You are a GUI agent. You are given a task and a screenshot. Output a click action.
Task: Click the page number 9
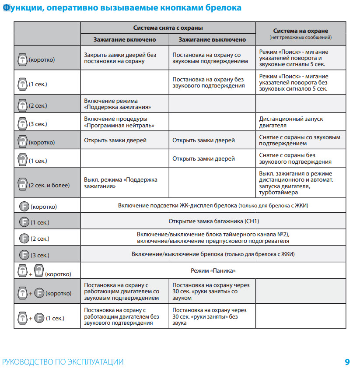347,362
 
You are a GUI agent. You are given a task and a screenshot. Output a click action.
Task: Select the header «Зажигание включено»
125,39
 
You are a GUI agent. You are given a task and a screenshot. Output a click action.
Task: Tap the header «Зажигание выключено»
212,39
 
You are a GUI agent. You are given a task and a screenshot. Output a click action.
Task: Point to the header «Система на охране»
301,31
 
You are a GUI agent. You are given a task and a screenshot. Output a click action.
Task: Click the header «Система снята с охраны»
168,28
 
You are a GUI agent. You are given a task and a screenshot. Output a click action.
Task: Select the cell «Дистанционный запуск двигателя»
291,122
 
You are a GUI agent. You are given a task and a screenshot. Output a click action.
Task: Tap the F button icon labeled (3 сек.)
24,255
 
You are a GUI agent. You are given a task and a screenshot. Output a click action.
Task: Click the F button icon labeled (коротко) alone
24,206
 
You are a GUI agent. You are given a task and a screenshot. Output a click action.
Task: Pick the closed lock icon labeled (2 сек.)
22,105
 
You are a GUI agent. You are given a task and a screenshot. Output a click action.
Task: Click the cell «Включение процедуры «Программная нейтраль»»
115,122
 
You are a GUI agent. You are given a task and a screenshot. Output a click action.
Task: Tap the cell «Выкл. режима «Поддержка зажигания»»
120,183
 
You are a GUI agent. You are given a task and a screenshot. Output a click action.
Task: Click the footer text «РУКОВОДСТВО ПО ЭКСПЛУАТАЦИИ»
63,362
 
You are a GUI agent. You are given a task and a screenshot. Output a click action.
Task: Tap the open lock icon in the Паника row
38,270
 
